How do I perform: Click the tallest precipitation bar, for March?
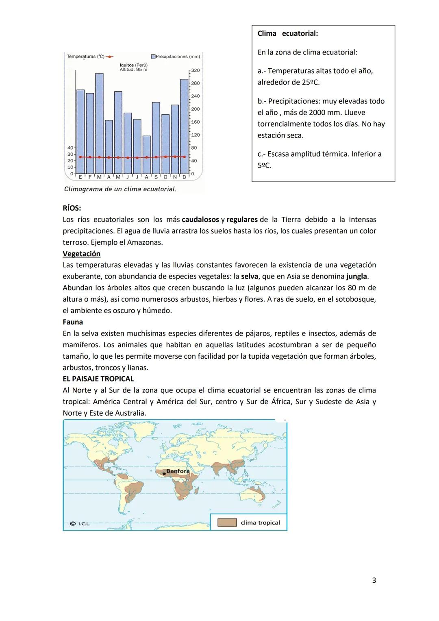[x=99, y=122]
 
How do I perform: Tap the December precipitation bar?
[x=184, y=126]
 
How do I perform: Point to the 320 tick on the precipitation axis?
[x=195, y=70]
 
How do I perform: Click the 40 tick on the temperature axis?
[x=70, y=148]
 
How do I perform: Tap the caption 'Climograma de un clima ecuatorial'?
[x=120, y=189]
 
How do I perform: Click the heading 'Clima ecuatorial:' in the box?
[x=288, y=33]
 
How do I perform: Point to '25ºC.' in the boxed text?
[x=311, y=82]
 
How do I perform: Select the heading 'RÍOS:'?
[x=72, y=208]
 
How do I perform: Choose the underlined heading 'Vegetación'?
[x=81, y=254]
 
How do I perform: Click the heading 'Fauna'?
[x=73, y=322]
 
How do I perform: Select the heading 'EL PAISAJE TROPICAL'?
[x=98, y=379]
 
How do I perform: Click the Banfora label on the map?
[x=178, y=471]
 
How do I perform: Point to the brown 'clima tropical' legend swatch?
[x=227, y=523]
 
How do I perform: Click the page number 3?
[x=374, y=580]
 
